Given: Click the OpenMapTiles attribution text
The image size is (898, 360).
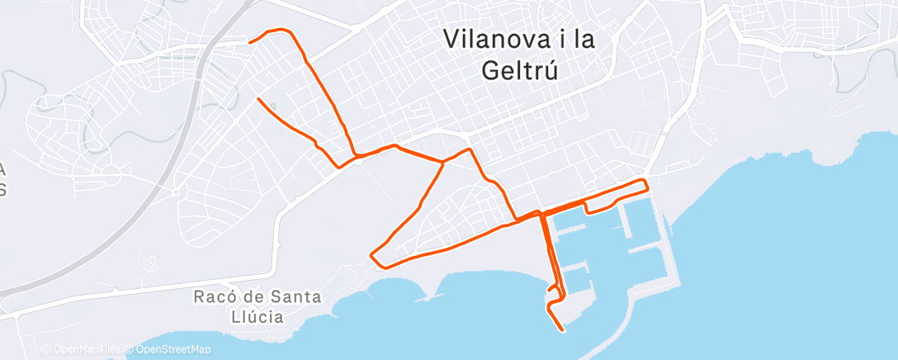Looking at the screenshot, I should click(x=83, y=349).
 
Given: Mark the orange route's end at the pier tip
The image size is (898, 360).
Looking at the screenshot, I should click(x=563, y=330).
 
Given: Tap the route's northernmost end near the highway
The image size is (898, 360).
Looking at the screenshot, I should click(x=250, y=40).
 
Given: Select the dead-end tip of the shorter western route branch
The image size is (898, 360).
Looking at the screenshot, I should click(x=259, y=99).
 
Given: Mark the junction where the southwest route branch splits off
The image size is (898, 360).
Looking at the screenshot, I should click(x=443, y=163).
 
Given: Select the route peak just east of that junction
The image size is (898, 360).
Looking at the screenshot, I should click(x=470, y=149).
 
